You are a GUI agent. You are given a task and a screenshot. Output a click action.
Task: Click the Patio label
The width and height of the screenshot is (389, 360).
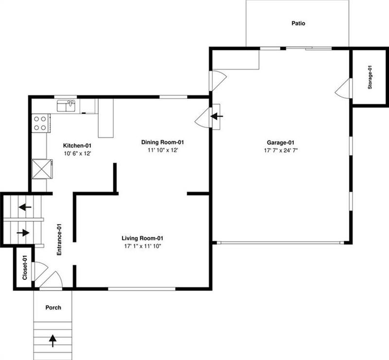(298, 23)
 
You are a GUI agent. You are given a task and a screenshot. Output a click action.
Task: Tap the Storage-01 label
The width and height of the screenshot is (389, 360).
(370, 77)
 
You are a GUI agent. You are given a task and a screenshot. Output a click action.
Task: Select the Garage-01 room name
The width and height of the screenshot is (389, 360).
(281, 142)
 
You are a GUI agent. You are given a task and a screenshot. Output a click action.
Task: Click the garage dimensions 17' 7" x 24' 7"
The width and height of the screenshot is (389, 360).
(281, 151)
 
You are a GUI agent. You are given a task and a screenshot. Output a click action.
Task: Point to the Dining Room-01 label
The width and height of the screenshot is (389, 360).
(163, 142)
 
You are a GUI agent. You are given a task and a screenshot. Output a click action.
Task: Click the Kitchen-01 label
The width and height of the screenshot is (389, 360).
(78, 145)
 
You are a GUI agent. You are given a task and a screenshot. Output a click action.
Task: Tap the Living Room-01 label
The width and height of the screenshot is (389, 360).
(142, 238)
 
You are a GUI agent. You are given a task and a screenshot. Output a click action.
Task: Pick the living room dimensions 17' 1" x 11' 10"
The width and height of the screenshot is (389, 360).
(142, 246)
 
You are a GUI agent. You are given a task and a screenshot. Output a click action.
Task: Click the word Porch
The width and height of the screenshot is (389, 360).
(53, 308)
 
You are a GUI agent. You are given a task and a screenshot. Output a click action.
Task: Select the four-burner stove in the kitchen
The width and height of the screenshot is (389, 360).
(40, 122)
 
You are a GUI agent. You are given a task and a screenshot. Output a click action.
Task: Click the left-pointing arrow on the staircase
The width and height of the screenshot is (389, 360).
(25, 207)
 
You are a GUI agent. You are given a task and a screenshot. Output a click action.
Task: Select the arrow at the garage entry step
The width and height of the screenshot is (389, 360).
(215, 117)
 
